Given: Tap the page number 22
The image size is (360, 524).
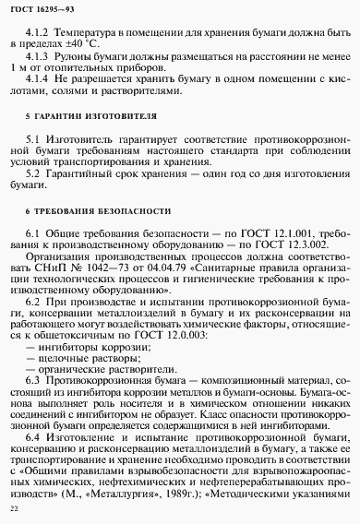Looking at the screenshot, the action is (x=13, y=509).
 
